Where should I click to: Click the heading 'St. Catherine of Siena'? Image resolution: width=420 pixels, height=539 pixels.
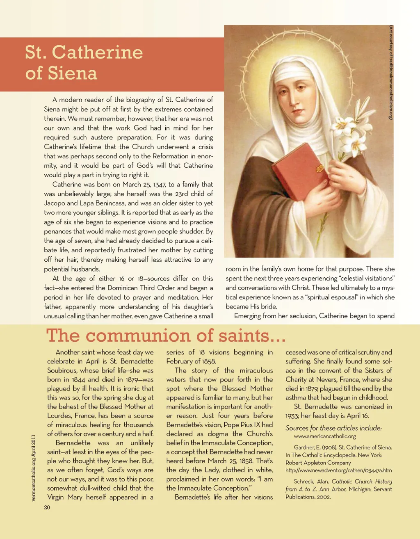pyautogui.click(x=84, y=62)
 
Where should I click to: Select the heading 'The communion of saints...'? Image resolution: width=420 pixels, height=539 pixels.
pyautogui.click(x=166, y=335)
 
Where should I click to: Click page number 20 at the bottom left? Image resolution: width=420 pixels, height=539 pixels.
pyautogui.click(x=47, y=507)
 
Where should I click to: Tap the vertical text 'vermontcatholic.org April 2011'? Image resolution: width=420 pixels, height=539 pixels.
pyautogui.click(x=34, y=468)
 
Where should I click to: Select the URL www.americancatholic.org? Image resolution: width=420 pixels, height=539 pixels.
pyautogui.click(x=325, y=436)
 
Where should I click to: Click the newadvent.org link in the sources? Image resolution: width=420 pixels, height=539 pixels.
pyautogui.click(x=338, y=470)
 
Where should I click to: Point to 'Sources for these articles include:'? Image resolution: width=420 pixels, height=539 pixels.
pyautogui.click(x=333, y=428)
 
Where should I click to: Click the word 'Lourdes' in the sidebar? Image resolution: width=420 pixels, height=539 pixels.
pyautogui.click(x=59, y=416)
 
